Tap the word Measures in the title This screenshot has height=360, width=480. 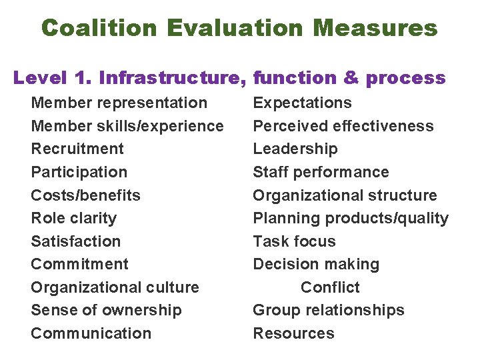tap(375, 28)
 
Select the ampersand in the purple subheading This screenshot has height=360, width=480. tap(351, 78)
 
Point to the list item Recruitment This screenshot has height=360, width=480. tap(77, 149)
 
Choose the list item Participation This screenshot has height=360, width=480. tap(79, 172)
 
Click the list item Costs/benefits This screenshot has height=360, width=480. tap(85, 195)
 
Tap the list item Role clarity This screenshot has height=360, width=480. tap(73, 218)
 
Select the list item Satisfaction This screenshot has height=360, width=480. tap(75, 241)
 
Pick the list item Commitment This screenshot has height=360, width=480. tap(79, 264)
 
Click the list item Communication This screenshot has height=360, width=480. tap(91, 333)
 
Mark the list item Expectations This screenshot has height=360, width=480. tap(302, 103)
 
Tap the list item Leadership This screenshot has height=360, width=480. tap(295, 149)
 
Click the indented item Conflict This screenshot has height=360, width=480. tap(330, 287)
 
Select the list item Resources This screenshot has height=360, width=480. tap(293, 333)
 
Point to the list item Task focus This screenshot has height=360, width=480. tap(294, 241)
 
